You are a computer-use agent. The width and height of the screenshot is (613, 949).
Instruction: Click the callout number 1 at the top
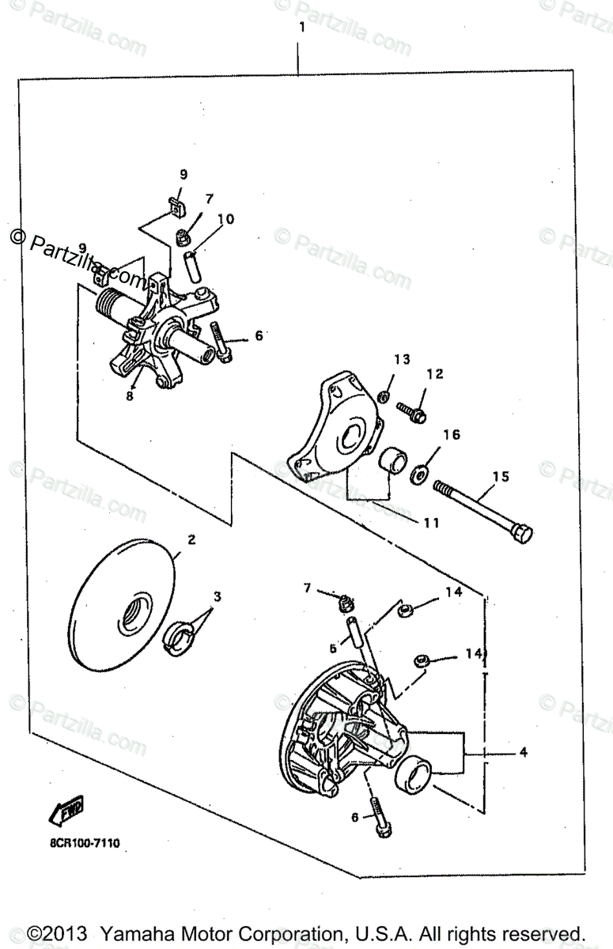pyautogui.click(x=301, y=27)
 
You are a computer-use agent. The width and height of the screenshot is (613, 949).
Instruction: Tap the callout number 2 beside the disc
pyautogui.click(x=191, y=541)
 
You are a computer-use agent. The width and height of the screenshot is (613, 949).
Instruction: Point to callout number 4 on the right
pyautogui.click(x=523, y=753)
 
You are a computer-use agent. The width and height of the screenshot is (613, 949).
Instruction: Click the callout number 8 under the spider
pyautogui.click(x=129, y=397)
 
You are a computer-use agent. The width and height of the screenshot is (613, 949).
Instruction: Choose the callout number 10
pyautogui.click(x=225, y=219)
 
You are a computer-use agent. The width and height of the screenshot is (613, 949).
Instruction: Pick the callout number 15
pyautogui.click(x=501, y=477)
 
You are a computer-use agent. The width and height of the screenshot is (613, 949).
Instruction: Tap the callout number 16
pyautogui.click(x=451, y=435)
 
